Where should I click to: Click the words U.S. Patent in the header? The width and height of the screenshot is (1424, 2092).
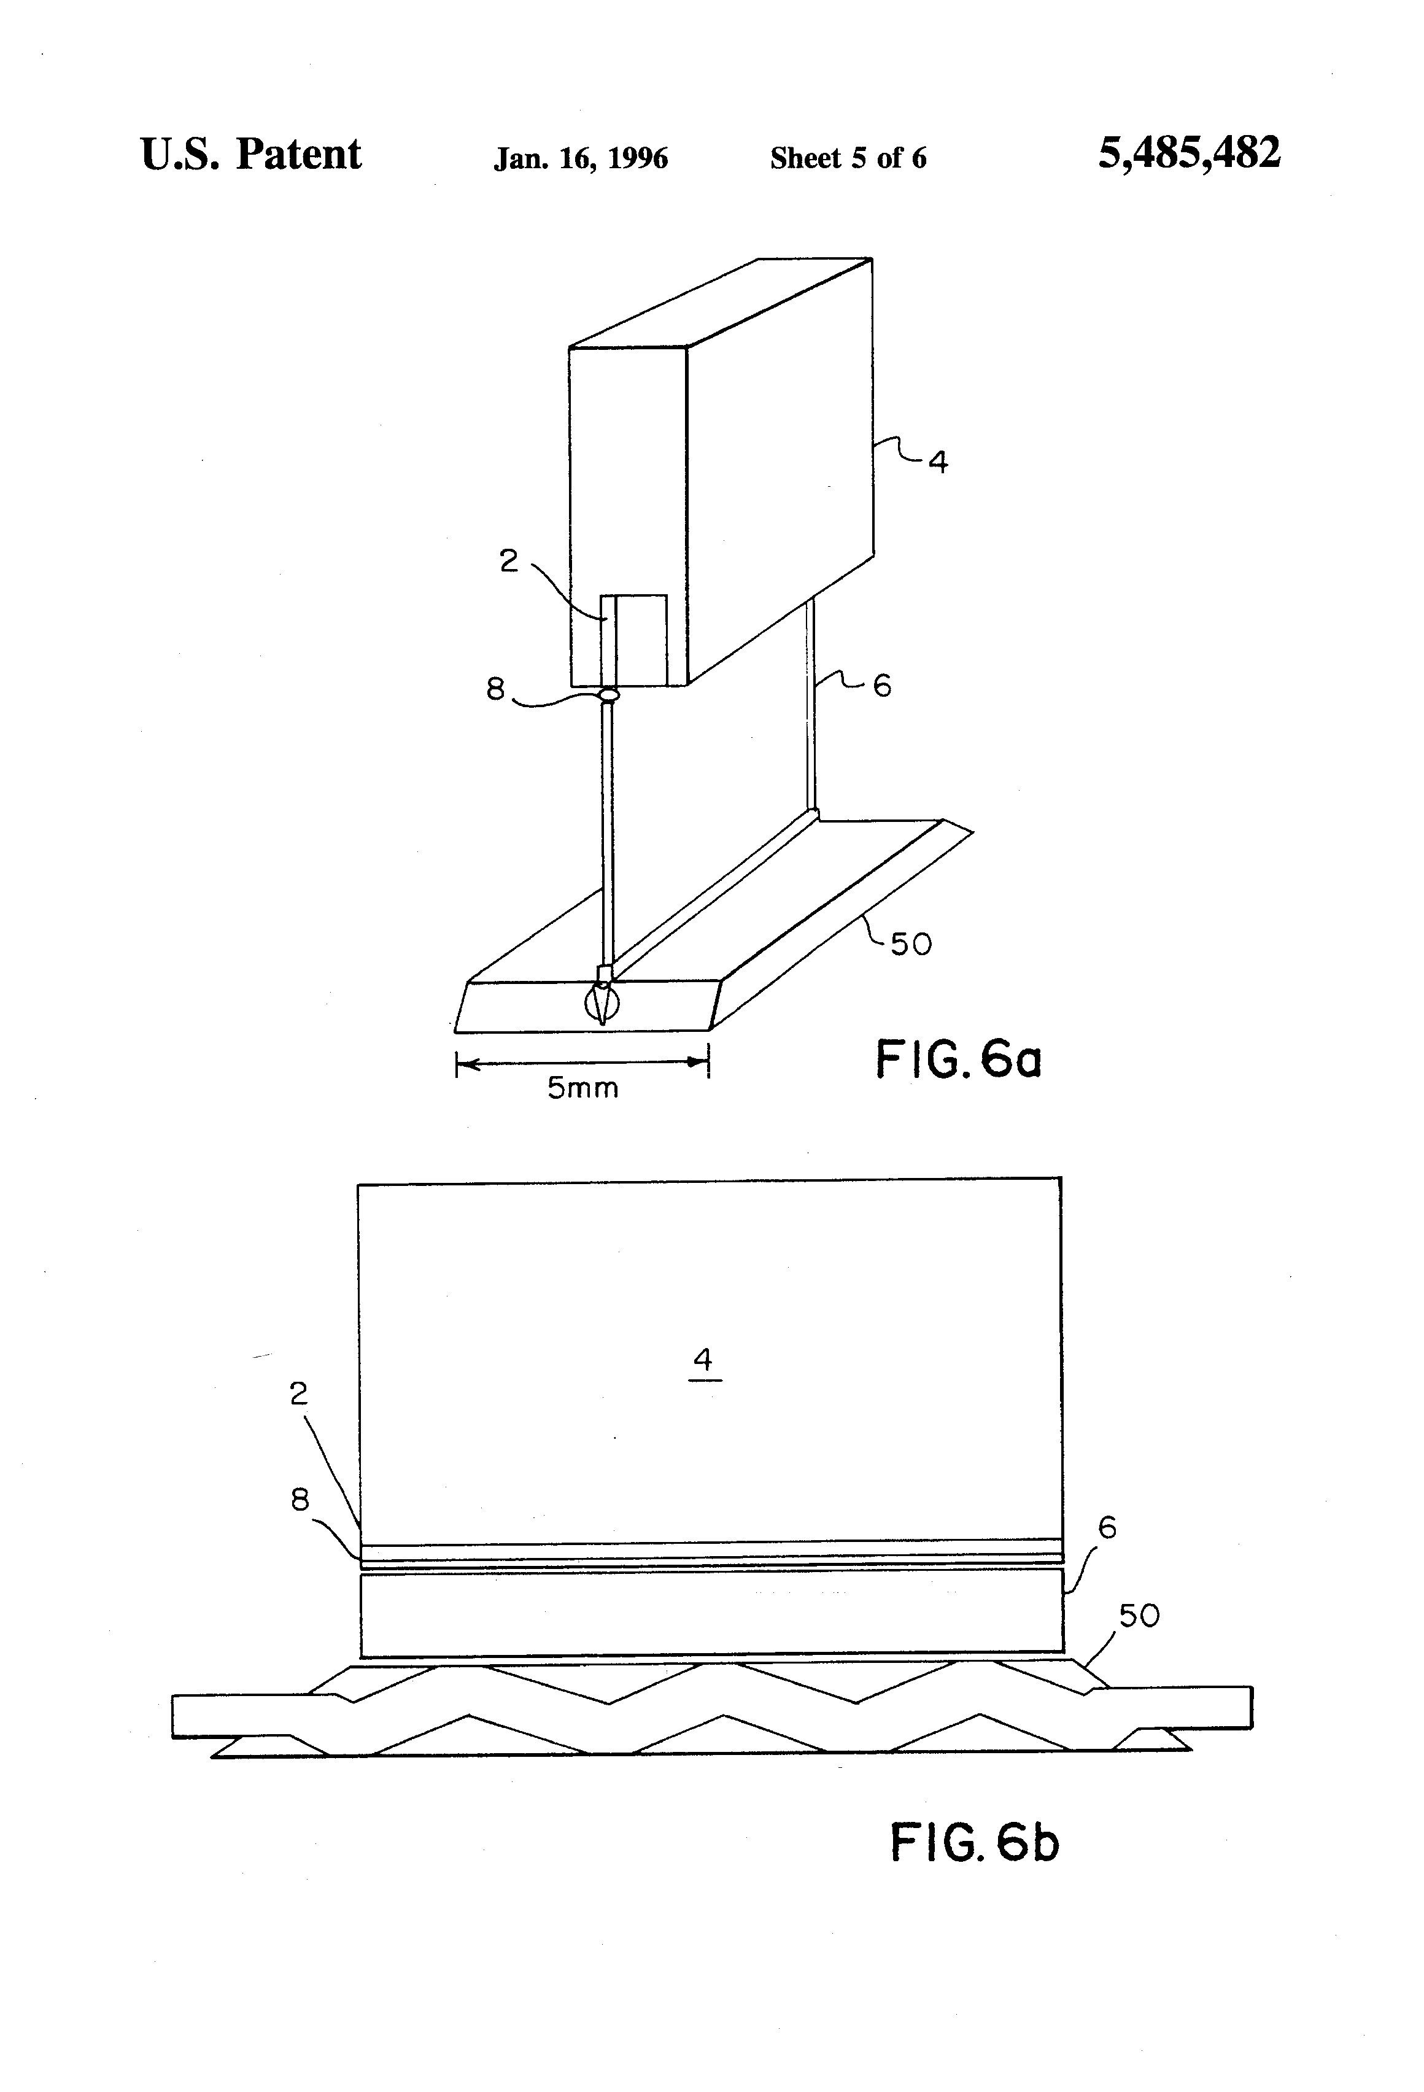tap(251, 154)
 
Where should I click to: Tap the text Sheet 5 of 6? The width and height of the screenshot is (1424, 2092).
tap(848, 158)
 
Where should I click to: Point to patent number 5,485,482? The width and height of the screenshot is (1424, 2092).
tap(1189, 153)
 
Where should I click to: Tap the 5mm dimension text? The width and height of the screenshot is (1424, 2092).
tap(583, 1088)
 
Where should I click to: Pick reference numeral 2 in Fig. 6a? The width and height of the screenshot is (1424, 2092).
tap(509, 561)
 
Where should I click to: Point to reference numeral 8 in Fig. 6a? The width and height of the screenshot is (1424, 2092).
tap(495, 689)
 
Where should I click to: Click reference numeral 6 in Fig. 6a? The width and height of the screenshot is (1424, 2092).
tap(882, 686)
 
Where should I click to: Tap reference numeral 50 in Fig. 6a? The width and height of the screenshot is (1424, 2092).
tap(911, 944)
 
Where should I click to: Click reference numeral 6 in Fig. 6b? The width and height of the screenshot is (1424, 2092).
tap(1107, 1528)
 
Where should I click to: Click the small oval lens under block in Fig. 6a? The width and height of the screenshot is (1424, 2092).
tap(609, 694)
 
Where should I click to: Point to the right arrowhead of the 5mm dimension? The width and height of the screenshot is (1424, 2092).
tap(698, 1062)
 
